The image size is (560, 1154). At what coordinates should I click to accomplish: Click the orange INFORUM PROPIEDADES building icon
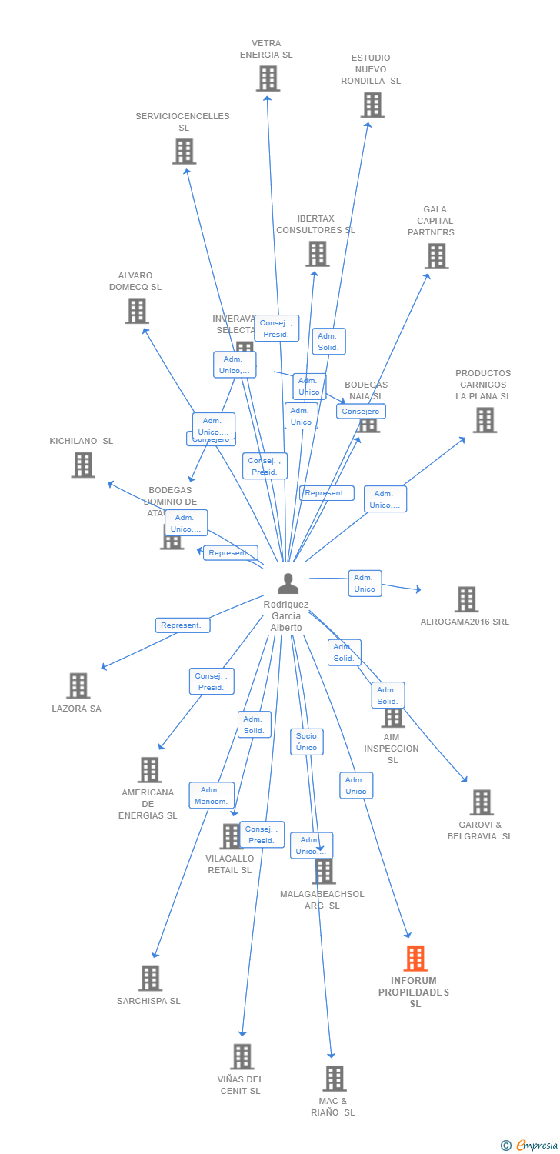coord(415,958)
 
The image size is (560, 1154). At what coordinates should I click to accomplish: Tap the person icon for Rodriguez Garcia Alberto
coord(288,584)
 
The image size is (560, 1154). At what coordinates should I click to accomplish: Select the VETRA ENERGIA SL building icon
coord(268,78)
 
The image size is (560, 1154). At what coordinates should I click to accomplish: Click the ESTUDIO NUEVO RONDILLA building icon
coord(372,105)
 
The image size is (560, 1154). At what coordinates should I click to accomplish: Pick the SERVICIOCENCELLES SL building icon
coord(184,152)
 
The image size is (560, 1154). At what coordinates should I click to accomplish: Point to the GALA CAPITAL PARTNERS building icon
coord(436,256)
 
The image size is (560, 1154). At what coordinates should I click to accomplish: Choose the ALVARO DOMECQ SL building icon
coord(137,311)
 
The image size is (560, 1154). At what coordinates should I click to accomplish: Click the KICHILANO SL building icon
coord(83,465)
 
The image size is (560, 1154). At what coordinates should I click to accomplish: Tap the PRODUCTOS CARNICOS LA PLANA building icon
coord(484,420)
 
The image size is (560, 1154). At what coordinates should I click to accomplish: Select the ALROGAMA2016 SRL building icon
coord(466,599)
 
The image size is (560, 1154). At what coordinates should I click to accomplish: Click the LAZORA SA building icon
coord(78,685)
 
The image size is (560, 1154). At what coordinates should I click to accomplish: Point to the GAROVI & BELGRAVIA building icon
coord(481,802)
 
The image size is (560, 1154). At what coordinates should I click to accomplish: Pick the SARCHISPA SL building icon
coord(150,978)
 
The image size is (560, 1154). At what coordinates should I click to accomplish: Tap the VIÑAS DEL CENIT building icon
coord(242,1056)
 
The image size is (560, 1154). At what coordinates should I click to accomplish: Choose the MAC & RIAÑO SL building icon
coord(334,1078)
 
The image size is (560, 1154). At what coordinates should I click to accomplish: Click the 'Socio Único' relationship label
coord(306,742)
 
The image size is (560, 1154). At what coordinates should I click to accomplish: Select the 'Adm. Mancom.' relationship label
coord(212,795)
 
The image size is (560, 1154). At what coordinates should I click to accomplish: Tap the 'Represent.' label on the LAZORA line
coord(182,625)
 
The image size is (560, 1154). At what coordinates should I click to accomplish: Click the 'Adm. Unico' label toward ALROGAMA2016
coord(365,583)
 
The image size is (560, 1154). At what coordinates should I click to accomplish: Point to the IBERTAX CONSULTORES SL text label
coord(315,224)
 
